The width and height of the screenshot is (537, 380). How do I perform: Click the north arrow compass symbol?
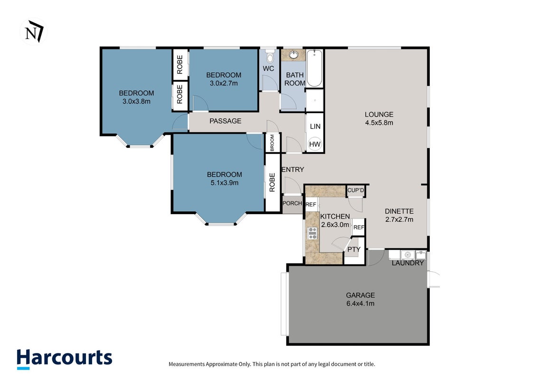click(33, 31)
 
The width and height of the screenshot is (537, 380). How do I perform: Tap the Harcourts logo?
click(65, 359)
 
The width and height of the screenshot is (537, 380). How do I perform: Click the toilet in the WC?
click(270, 56)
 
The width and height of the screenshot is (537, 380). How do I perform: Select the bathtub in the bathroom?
click(314, 68)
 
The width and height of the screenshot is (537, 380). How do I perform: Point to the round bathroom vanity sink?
click(293, 55)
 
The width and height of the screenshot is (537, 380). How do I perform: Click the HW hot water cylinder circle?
click(315, 144)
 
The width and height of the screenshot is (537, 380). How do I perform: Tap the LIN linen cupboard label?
click(315, 126)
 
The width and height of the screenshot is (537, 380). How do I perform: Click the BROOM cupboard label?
click(272, 142)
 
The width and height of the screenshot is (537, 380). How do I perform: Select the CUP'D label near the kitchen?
click(356, 190)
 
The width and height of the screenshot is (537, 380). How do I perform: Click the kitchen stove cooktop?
click(312, 233)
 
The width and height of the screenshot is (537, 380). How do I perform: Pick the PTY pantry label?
click(354, 249)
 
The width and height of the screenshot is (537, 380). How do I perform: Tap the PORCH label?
click(292, 203)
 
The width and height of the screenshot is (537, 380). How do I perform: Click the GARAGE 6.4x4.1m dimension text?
click(360, 304)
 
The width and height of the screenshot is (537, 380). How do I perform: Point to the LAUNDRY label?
click(407, 263)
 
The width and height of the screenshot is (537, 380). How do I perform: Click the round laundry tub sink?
click(407, 255)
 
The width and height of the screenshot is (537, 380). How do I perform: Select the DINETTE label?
click(399, 211)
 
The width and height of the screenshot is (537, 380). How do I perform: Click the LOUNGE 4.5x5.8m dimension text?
click(379, 123)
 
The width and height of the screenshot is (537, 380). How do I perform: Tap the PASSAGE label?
click(226, 121)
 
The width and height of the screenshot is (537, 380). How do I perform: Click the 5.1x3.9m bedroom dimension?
click(224, 183)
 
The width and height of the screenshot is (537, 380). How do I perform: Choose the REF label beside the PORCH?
click(311, 205)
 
